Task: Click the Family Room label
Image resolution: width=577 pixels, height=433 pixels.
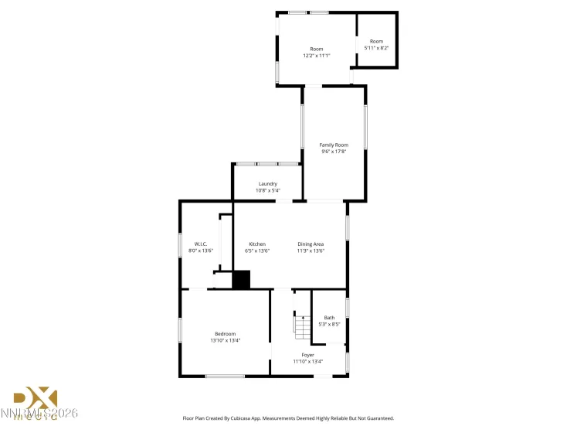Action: tap(334, 145)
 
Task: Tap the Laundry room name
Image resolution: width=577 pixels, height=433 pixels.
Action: tap(268, 183)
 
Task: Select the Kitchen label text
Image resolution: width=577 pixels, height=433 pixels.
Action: tap(257, 244)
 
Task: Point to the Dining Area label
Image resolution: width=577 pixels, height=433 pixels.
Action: tap(311, 244)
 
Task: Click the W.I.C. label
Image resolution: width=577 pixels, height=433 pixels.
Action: tap(201, 244)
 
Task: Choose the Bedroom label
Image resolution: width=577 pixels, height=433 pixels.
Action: tap(226, 333)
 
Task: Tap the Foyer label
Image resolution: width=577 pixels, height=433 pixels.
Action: tap(307, 355)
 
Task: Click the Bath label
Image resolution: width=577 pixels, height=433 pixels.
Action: tap(329, 318)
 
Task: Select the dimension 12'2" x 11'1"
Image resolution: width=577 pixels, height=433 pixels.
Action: tap(316, 56)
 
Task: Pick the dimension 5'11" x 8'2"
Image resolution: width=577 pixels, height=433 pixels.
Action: tap(376, 48)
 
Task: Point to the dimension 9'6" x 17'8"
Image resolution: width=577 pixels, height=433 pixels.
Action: tap(334, 152)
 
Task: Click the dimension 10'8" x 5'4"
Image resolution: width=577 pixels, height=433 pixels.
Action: tap(268, 190)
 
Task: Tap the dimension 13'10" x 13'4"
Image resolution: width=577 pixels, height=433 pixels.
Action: tap(226, 340)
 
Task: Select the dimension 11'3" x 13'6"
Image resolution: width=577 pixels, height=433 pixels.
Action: tap(311, 251)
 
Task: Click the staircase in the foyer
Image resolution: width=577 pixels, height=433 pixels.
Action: tap(302, 328)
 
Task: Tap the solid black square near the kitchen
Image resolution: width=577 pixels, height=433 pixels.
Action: tap(242, 280)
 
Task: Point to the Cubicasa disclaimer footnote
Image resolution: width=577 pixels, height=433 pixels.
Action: tap(288, 418)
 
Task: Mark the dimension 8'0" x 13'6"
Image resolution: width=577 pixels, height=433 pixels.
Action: tap(201, 251)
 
